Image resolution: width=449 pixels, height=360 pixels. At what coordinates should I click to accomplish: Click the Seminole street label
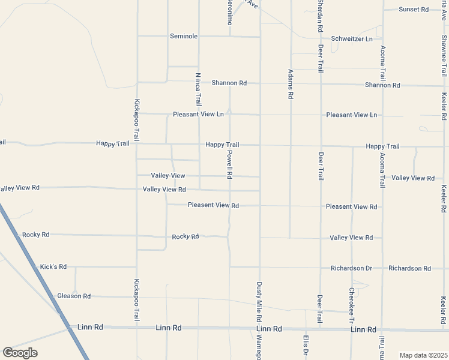(184, 36)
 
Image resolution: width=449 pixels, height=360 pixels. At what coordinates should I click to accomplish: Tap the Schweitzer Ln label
(352, 38)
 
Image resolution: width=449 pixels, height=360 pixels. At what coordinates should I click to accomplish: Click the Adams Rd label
(291, 84)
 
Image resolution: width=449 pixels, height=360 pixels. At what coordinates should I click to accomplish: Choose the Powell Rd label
(229, 164)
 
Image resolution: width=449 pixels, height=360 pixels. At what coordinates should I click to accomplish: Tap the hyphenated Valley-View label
(168, 176)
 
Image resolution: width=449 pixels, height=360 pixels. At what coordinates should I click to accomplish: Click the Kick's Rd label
(53, 266)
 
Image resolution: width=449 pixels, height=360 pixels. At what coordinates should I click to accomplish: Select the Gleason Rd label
(74, 296)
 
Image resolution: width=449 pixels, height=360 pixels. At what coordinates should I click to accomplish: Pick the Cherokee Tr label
(352, 305)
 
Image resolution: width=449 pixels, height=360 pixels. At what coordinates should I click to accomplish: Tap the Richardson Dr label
(352, 268)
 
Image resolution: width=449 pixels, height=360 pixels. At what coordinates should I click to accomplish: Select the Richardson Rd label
(409, 268)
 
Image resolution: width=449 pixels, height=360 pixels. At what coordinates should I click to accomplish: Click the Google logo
(20, 353)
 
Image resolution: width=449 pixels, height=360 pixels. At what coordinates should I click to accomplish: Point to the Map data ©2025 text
(423, 355)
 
